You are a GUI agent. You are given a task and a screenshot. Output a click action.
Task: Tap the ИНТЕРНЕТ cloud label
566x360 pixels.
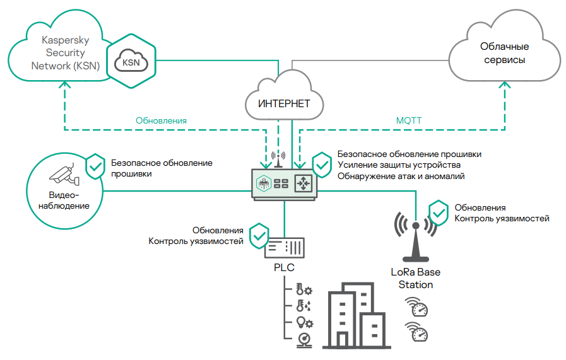284,103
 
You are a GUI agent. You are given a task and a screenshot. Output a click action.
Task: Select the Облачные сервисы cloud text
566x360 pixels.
504,54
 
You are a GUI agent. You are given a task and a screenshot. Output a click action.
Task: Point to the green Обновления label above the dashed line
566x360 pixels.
162,120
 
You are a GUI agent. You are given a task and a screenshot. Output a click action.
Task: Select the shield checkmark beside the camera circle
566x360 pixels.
95,165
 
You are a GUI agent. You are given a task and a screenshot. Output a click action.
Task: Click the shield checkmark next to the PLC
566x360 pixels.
259,235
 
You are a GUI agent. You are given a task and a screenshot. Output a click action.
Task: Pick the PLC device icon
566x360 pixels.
284,247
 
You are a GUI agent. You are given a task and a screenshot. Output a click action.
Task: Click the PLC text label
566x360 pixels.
284,268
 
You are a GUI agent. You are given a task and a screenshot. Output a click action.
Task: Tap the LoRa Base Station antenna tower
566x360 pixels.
415,240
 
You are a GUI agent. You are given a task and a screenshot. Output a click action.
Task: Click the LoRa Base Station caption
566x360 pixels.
415,279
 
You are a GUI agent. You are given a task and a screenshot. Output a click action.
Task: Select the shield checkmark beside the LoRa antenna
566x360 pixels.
439,212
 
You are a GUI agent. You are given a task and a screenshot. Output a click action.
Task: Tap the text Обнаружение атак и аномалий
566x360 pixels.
401,177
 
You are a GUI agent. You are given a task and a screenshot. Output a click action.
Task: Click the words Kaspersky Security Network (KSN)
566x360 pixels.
65,52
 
